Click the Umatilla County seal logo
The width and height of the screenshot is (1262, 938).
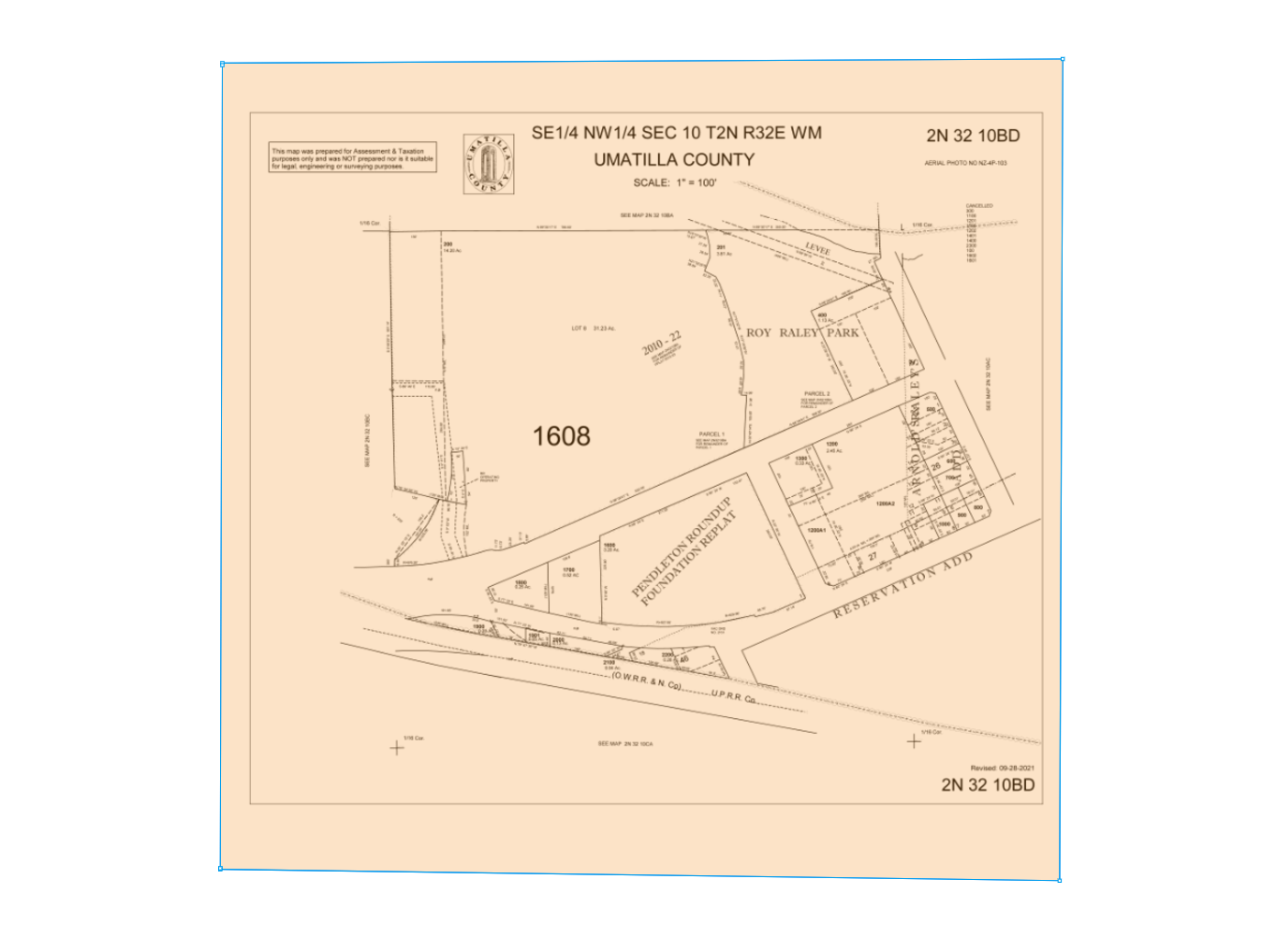tap(489, 165)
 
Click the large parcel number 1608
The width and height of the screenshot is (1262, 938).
tap(562, 435)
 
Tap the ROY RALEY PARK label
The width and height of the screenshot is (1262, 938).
tap(802, 332)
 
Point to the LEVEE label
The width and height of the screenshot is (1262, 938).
tap(817, 249)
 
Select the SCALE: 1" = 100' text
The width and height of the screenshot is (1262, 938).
tap(674, 183)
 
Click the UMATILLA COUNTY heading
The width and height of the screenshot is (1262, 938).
tap(674, 160)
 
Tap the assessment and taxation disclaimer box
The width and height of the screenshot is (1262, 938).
tap(353, 159)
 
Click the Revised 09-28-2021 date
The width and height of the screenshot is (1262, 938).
tap(1003, 768)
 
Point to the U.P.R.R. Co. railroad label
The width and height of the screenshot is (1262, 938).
tap(733, 696)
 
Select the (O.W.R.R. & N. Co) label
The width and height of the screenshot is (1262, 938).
tap(645, 681)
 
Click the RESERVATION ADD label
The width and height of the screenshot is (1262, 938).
tap(903, 584)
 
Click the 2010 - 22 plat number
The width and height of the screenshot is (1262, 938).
tap(661, 344)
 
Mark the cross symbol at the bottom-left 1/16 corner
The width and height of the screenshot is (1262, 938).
tap(397, 747)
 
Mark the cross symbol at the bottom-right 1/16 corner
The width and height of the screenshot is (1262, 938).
tap(914, 741)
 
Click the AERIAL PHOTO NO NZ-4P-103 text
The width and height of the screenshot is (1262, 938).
tap(965, 163)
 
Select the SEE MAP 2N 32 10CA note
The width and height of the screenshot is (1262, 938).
tap(625, 743)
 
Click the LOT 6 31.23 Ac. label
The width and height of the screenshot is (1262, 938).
tap(594, 329)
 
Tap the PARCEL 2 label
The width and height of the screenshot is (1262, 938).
tap(816, 393)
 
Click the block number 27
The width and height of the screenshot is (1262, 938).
tap(873, 556)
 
